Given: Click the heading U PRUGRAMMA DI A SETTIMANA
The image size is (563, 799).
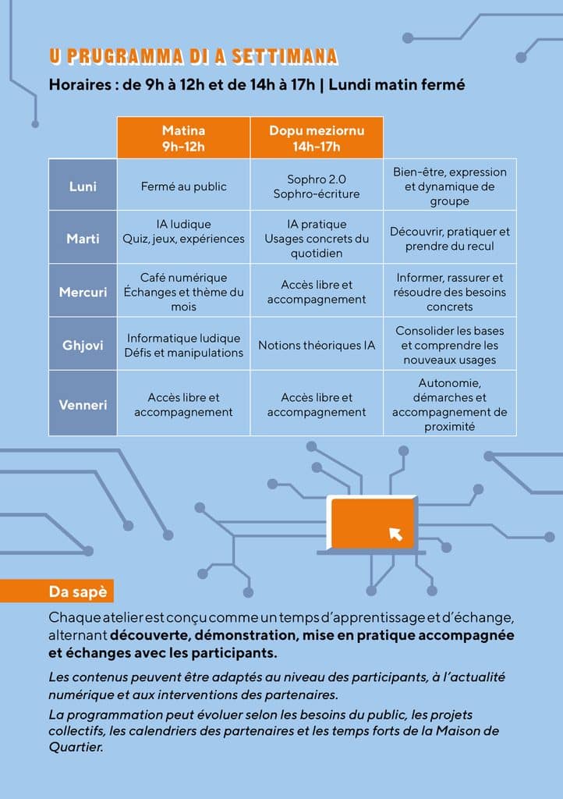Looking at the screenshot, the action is click(193, 56).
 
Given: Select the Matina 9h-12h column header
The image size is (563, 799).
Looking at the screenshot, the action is click(183, 137).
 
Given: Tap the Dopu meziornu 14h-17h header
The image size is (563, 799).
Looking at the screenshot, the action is click(317, 137).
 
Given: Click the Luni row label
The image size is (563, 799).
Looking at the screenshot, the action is click(83, 186).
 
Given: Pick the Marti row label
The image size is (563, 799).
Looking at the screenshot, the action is click(83, 238).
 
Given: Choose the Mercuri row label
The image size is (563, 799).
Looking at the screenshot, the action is click(83, 292).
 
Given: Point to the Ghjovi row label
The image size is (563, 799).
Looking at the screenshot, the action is click(83, 345).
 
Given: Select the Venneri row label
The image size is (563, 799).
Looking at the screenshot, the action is click(83, 404).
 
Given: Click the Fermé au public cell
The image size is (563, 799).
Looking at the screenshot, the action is click(183, 186).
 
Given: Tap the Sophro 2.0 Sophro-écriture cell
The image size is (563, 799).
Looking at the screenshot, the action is click(317, 186).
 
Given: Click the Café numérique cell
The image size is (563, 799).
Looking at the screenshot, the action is click(183, 292).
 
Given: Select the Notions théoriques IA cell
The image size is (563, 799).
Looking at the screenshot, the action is click(317, 345).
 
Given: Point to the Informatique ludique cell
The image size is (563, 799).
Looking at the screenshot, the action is click(183, 345).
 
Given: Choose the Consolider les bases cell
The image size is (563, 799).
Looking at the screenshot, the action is click(449, 345).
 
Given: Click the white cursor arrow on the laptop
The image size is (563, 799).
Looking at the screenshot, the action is click(395, 534).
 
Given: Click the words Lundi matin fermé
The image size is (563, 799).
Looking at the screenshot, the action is click(397, 84).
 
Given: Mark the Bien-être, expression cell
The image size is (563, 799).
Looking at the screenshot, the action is click(449, 186).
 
